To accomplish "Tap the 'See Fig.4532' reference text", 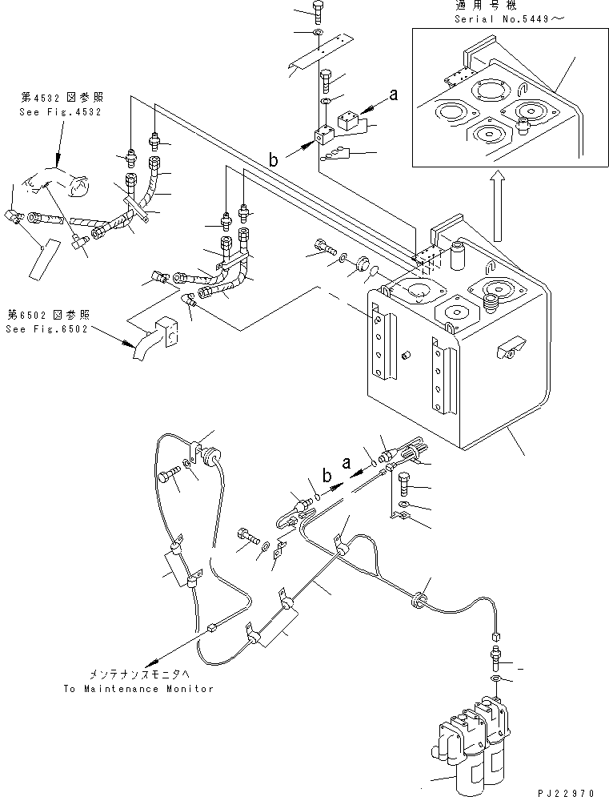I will (x=60, y=112).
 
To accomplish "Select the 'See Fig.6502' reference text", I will (x=49, y=328).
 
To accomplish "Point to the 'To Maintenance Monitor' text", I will (x=138, y=689).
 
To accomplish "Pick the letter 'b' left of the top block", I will (x=274, y=161).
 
